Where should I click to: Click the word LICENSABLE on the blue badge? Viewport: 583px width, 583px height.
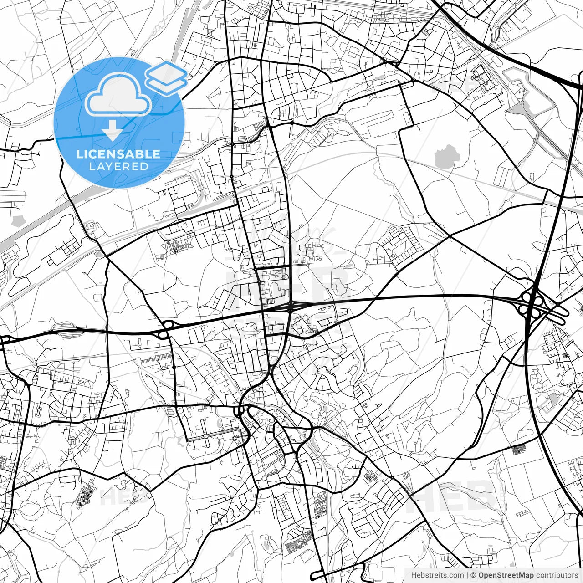[x=118, y=153]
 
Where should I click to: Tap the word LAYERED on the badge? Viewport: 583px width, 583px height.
[x=118, y=166]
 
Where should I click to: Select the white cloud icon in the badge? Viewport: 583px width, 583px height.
[x=118, y=94]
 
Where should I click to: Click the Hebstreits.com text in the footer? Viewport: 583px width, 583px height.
[x=437, y=575]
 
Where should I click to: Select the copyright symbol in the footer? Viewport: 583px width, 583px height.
[x=474, y=575]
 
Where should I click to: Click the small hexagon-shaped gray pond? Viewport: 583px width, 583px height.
[x=18, y=221]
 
